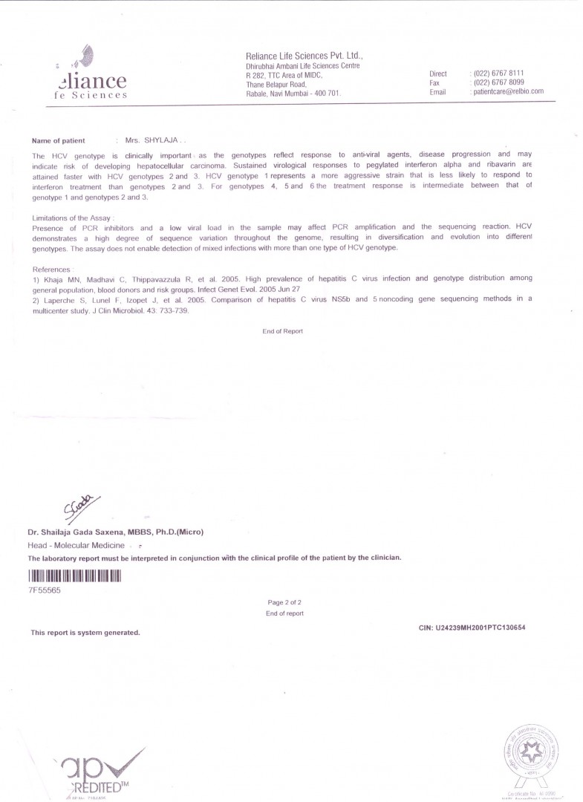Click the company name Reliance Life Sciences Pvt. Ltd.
[x=304, y=56]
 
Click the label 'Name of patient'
[x=59, y=140]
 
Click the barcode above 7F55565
[x=74, y=576]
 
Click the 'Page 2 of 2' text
[x=284, y=603]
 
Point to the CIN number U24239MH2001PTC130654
[x=472, y=627]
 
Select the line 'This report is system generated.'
[x=85, y=633]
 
